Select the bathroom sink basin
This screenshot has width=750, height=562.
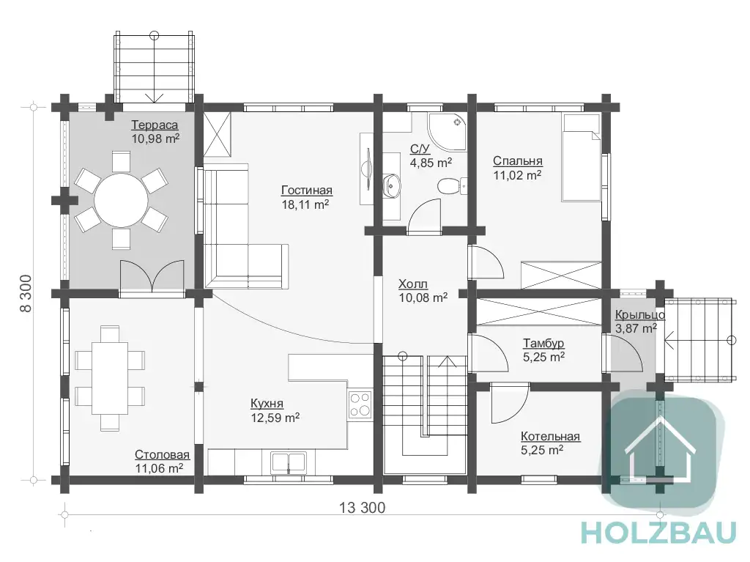click(x=393, y=185)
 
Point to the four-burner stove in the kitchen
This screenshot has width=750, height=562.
click(x=360, y=404)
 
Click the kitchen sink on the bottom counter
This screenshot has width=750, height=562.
click(x=289, y=462)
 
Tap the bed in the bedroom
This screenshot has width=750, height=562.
click(x=581, y=158)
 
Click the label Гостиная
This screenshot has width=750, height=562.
click(x=307, y=191)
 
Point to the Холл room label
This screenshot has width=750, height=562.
click(x=413, y=284)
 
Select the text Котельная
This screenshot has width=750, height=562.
click(x=550, y=436)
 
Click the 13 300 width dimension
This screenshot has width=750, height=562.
click(x=362, y=508)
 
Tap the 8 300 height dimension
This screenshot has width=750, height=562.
click(x=26, y=293)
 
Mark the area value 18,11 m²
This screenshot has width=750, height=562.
click(x=305, y=204)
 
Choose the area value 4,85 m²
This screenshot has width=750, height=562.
click(x=431, y=163)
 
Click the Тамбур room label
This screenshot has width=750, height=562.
click(x=543, y=343)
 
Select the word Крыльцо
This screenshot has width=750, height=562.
click(x=640, y=314)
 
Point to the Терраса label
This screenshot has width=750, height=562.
click(x=155, y=125)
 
